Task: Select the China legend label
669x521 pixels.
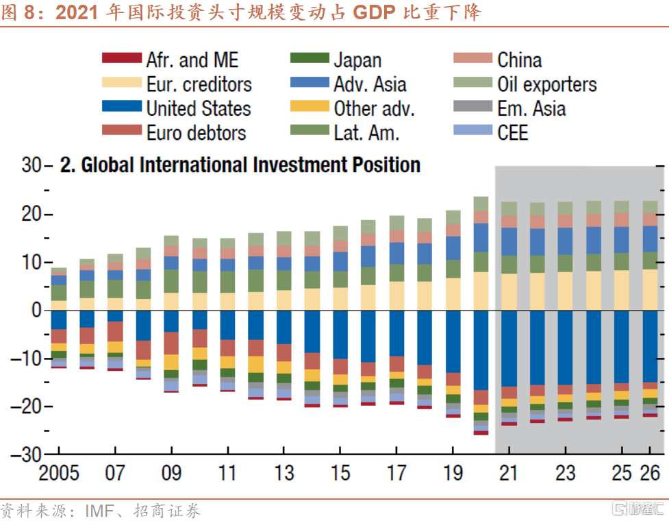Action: (x=520, y=60)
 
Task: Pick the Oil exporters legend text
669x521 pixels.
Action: (x=547, y=84)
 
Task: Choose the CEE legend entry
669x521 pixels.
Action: (x=513, y=132)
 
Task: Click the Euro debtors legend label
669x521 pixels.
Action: (x=196, y=132)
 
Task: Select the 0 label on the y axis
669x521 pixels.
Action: (x=36, y=310)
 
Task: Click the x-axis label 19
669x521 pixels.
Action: (x=453, y=474)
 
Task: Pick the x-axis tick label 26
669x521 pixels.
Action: (x=649, y=474)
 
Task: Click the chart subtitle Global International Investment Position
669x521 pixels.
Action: (x=240, y=165)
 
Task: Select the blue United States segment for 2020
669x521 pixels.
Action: (x=481, y=350)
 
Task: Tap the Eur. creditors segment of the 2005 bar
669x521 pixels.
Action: (x=59, y=305)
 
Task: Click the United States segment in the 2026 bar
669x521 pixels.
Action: (x=650, y=346)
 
